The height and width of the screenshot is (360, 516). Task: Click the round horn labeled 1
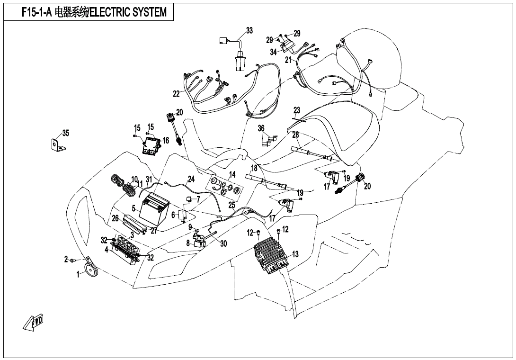click(90, 270)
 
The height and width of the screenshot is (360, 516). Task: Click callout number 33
click(249, 31)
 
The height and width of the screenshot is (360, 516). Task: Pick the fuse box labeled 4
click(126, 250)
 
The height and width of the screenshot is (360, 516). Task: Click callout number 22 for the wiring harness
click(176, 94)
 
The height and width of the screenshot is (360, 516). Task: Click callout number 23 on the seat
click(297, 111)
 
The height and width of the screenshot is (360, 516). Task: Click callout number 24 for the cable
click(191, 179)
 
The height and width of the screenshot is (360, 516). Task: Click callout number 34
click(273, 53)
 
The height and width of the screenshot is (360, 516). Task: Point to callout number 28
click(295, 135)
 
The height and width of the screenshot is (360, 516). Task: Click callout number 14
click(232, 175)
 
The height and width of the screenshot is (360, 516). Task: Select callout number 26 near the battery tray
click(115, 218)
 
